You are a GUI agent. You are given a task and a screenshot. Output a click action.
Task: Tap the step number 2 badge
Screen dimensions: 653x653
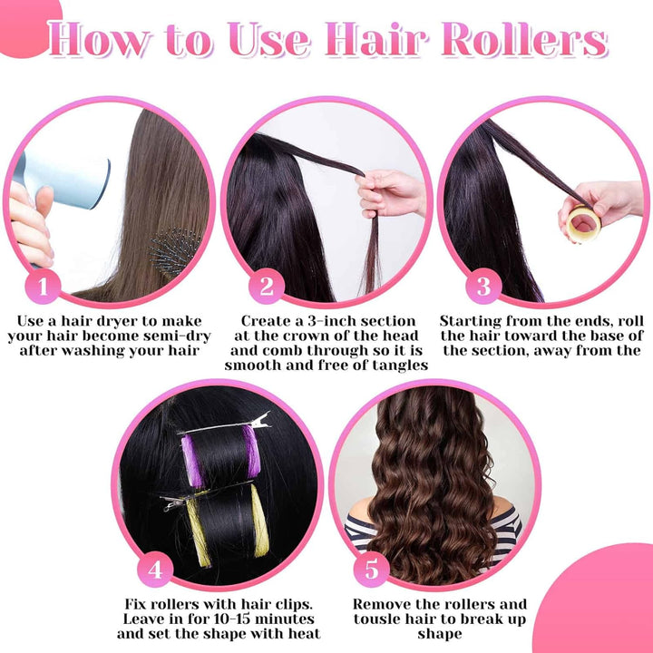click(267, 288)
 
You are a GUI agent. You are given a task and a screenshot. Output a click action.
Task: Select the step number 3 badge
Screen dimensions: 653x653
click(483, 288)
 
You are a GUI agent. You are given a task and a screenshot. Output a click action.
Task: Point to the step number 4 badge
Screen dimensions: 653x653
click(156, 570)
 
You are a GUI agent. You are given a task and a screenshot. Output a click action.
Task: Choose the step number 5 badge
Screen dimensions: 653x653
click(373, 570)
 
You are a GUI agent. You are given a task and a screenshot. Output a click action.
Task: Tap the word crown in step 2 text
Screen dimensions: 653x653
click(310, 336)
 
